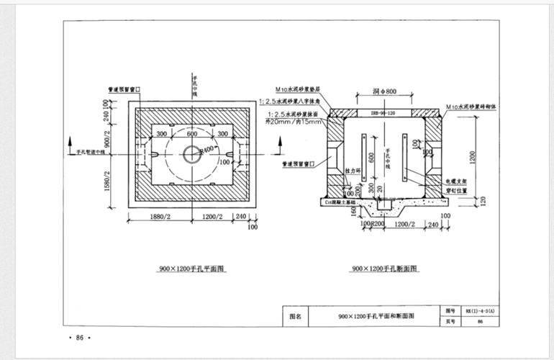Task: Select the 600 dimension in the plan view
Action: tap(192, 134)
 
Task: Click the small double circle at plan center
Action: tap(192, 153)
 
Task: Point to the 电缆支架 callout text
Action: tap(457, 181)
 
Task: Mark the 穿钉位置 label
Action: tap(457, 191)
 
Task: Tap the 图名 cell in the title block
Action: tap(295, 315)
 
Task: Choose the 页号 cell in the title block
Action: tap(451, 321)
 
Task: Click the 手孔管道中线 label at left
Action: tap(86, 152)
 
